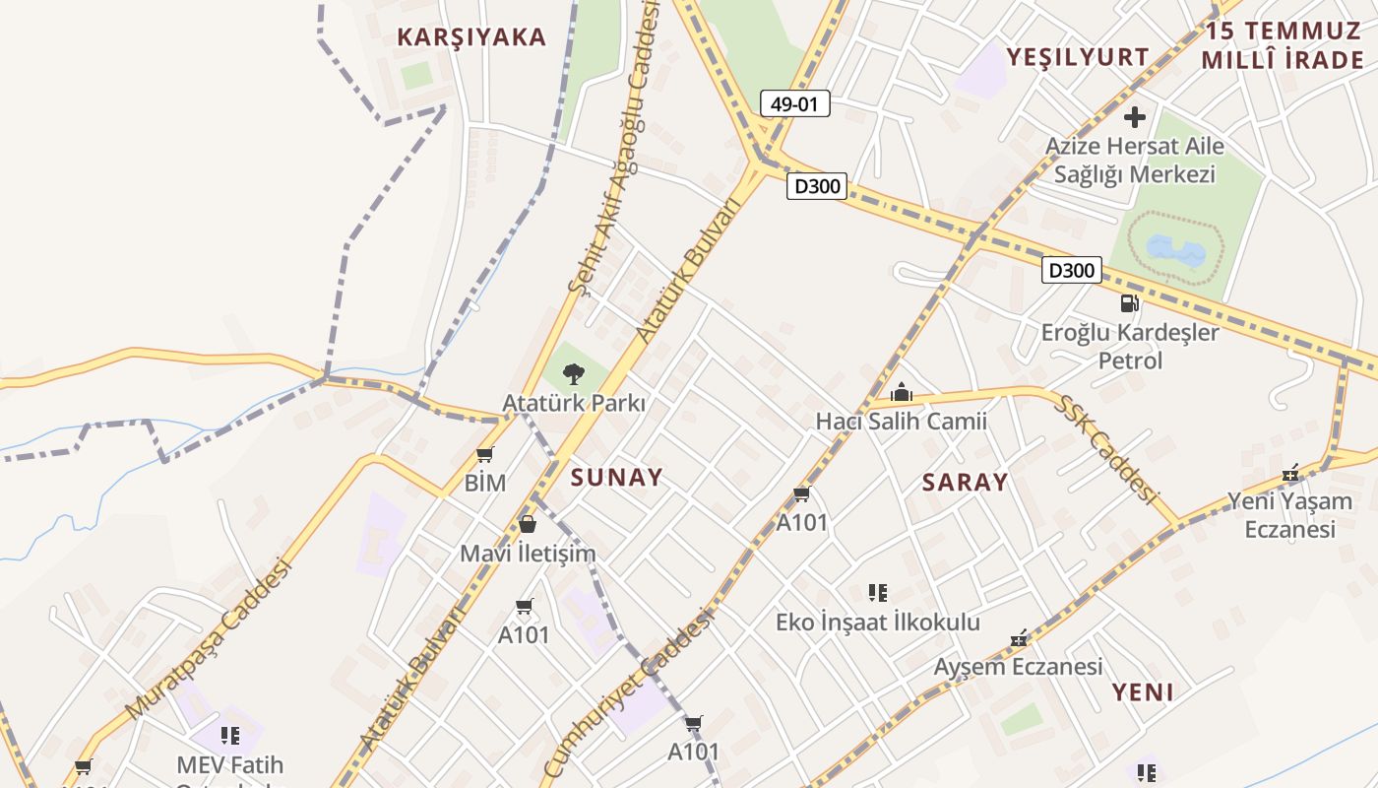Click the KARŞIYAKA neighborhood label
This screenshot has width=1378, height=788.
tap(470, 37)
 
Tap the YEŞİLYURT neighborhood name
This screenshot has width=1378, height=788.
tap(1078, 56)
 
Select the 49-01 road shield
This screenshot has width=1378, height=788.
tap(794, 103)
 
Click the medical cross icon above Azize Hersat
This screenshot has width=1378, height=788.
tap(1135, 117)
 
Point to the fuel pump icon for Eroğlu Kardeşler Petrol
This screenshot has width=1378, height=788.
tap(1129, 303)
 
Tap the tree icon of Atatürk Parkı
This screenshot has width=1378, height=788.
tap(573, 373)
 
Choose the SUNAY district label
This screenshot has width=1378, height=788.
tap(617, 478)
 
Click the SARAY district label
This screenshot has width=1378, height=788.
tap(965, 482)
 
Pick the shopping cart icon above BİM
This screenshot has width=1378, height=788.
tap(484, 455)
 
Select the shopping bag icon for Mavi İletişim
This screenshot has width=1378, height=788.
tap(528, 524)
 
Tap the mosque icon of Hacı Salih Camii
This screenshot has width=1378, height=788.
tap(901, 393)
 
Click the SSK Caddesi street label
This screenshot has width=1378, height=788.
tap(1107, 448)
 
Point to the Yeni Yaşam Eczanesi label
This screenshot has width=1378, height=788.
tap(1289, 515)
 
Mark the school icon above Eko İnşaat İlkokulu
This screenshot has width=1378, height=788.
tap(878, 593)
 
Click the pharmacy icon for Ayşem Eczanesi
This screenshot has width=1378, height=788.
tap(1019, 639)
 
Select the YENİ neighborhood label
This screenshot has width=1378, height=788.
tap(1143, 691)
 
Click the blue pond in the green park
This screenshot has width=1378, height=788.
tap(1173, 250)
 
